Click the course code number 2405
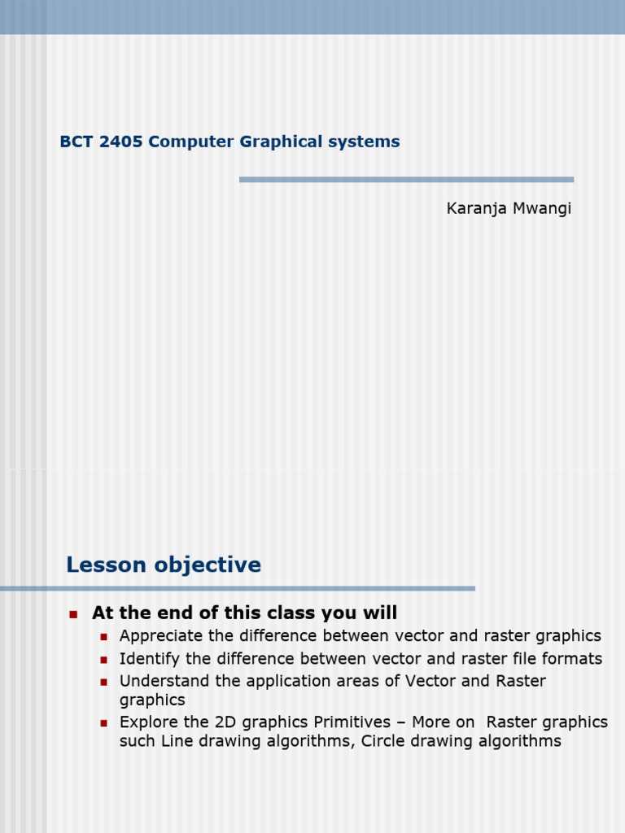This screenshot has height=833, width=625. pyautogui.click(x=120, y=142)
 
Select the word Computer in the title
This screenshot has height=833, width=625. pyautogui.click(x=191, y=142)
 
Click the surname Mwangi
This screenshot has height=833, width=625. pyautogui.click(x=544, y=209)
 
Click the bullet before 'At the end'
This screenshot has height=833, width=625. pyautogui.click(x=72, y=614)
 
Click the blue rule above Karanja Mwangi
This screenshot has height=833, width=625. pyautogui.click(x=406, y=180)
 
